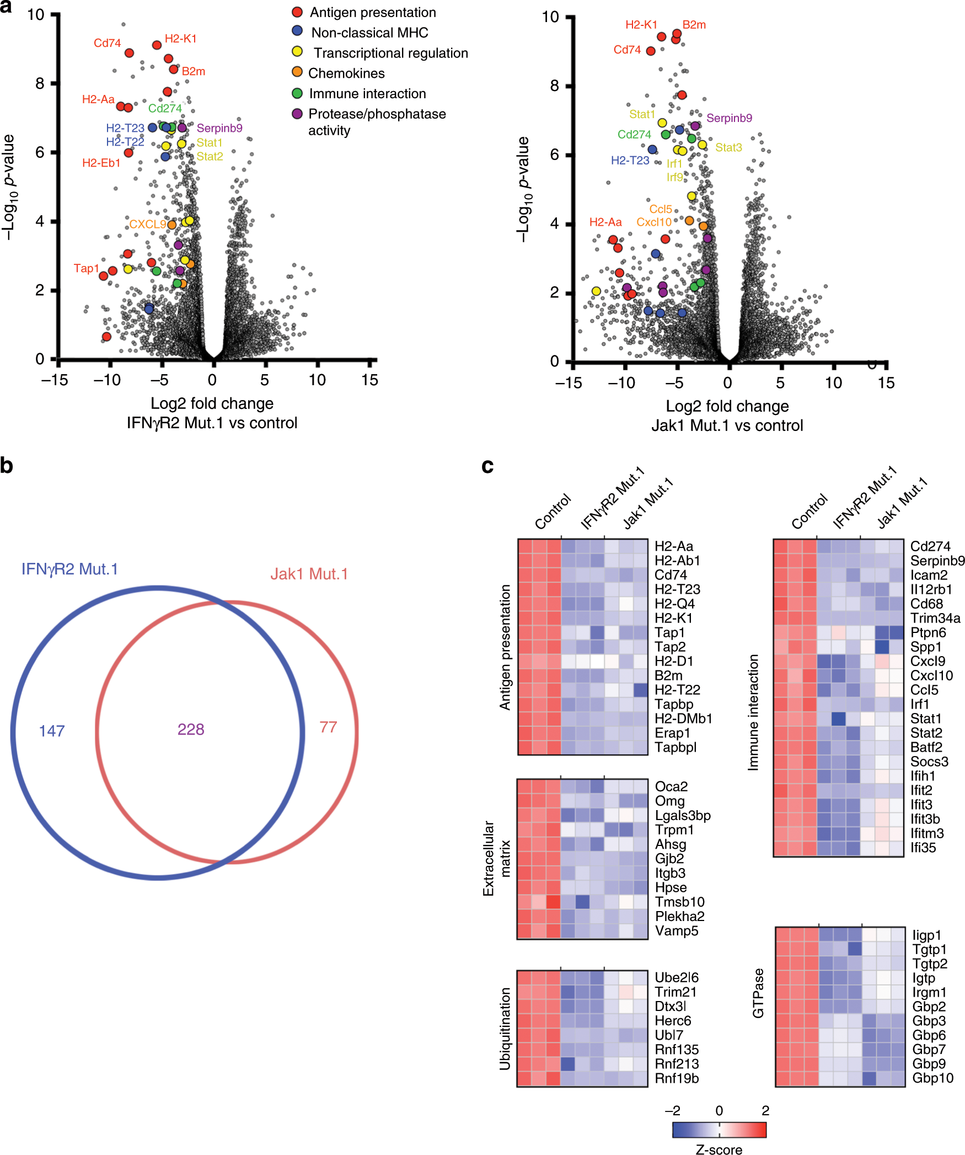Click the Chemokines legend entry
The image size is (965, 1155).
click(x=346, y=73)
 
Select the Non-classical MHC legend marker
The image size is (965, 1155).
click(x=297, y=31)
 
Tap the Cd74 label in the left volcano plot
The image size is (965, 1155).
click(x=107, y=43)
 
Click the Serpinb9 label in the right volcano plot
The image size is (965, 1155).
click(x=729, y=118)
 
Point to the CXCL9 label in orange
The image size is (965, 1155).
click(x=147, y=224)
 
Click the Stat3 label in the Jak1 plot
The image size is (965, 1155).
click(x=728, y=147)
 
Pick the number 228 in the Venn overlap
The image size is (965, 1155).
click(x=191, y=730)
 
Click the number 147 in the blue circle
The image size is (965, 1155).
click(x=52, y=731)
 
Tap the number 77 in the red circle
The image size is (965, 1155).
click(x=328, y=727)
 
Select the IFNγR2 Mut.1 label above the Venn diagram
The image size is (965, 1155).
click(x=69, y=569)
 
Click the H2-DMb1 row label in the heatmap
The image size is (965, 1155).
click(x=683, y=718)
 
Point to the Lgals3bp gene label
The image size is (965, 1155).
click(x=683, y=816)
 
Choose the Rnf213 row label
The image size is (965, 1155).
click(x=677, y=1064)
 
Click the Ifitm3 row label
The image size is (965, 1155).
click(x=927, y=833)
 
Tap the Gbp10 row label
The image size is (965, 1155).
click(x=932, y=1078)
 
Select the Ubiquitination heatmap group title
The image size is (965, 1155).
click(x=505, y=1029)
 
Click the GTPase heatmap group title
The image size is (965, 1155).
click(x=758, y=993)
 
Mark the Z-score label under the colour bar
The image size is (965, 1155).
click(x=719, y=1149)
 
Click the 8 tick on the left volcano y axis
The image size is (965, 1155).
click(x=40, y=84)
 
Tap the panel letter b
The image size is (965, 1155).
click(x=7, y=465)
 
